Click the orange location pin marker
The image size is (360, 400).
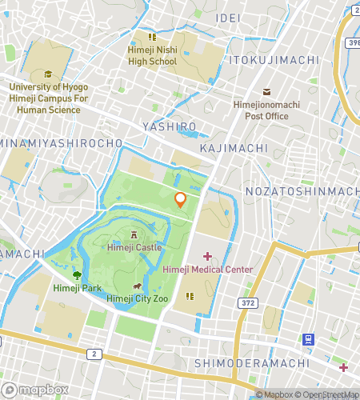pyautogui.click(x=181, y=199)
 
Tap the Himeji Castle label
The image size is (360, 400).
pyautogui.click(x=134, y=248)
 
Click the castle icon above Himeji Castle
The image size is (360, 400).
pyautogui.click(x=134, y=235)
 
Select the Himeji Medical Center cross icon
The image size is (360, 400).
pyautogui.click(x=208, y=256)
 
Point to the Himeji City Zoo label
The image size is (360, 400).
pyautogui.click(x=137, y=298)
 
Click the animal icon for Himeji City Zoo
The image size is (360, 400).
pyautogui.click(x=137, y=286)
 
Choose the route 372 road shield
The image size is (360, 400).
pyautogui.click(x=248, y=302)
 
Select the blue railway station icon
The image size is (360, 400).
pyautogui.click(x=308, y=339)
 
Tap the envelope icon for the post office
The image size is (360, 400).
pyautogui.click(x=266, y=92)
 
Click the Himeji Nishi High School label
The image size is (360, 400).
pyautogui.click(x=152, y=55)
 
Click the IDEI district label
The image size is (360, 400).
pyautogui.click(x=227, y=18)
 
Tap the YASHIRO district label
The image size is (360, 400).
pyautogui.click(x=169, y=127)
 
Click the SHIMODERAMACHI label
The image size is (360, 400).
pyautogui.click(x=251, y=364)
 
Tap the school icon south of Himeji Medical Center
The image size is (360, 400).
pyautogui.click(x=190, y=296)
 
